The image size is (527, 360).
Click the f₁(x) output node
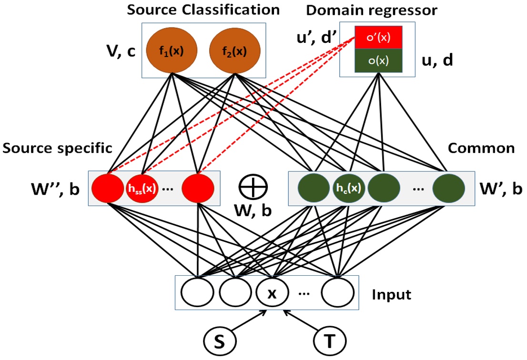click(174, 51)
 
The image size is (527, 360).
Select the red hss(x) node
click(141, 188)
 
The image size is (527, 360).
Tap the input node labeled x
click(272, 292)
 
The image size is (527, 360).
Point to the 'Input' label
click(391, 294)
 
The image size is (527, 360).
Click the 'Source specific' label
click(57, 148)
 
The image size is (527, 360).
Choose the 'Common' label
click(481, 148)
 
